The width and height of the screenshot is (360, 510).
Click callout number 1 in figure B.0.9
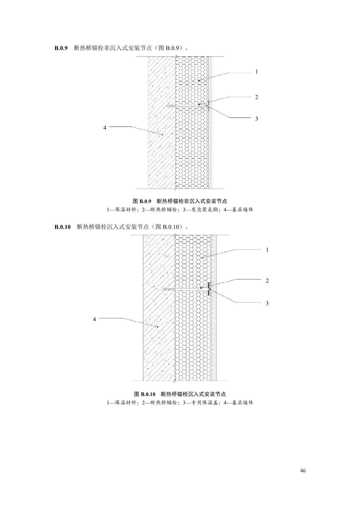tap(257, 72)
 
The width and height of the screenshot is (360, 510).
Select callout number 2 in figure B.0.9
tap(257, 97)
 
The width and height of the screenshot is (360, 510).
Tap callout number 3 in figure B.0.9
tap(257, 119)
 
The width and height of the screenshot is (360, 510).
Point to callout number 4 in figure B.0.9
tap(105, 127)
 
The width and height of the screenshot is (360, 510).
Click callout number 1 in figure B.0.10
tap(267, 250)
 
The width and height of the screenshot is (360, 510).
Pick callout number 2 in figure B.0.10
tap(267, 281)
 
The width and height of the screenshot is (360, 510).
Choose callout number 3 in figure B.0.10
tap(267, 303)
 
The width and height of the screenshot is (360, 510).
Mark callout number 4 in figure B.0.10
tap(94, 319)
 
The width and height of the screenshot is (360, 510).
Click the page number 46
tap(303, 471)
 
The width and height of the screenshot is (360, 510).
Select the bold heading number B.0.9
tap(61, 48)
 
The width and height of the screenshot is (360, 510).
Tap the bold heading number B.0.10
tap(62, 227)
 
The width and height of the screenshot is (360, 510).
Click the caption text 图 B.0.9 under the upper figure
tap(142, 201)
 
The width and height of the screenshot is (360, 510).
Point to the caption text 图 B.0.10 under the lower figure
tap(145, 394)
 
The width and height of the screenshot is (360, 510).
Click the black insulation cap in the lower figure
tap(210, 289)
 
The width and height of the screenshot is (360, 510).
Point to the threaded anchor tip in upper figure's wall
tap(171, 106)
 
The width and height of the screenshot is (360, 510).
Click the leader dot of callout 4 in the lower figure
tap(157, 327)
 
